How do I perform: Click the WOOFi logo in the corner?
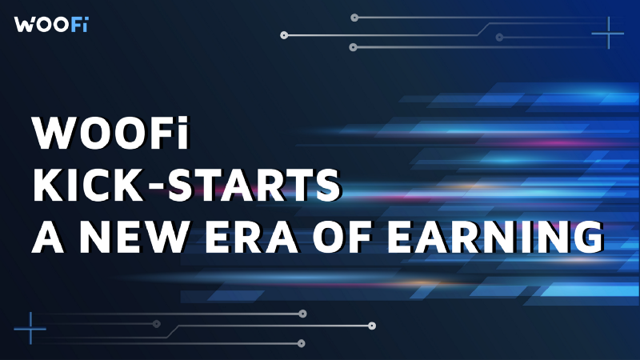(x=50, y=23)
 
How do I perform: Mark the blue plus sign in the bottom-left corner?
(x=30, y=327)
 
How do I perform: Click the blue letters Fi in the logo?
(x=76, y=23)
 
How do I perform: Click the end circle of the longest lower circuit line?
(x=372, y=326)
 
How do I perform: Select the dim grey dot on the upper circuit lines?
(x=499, y=37)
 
